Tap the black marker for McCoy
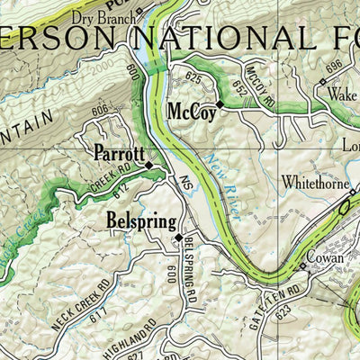[x=220, y=104]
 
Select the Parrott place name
[x=118, y=154]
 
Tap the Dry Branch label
[x=106, y=13]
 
